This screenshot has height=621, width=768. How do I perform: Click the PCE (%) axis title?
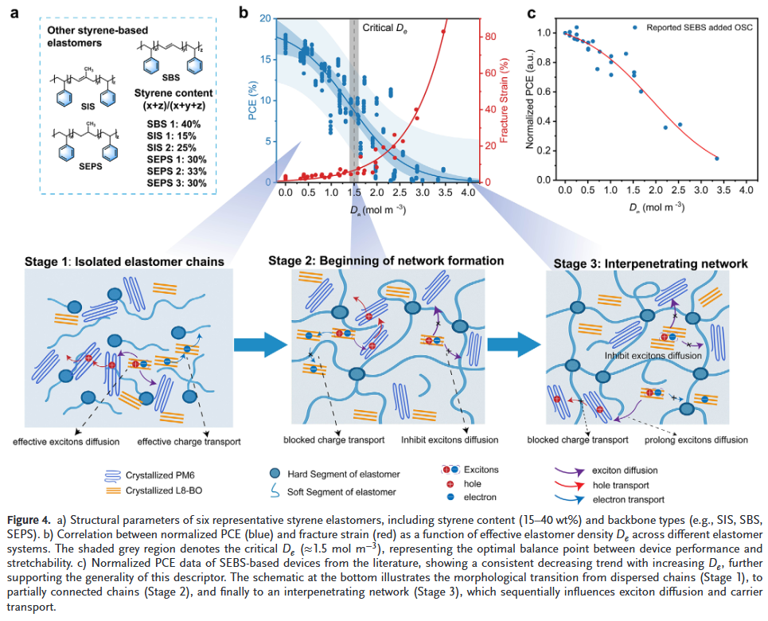[x=253, y=99]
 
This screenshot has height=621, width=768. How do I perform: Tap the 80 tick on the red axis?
[x=490, y=36]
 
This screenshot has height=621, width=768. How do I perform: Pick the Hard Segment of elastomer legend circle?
[x=275, y=475]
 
